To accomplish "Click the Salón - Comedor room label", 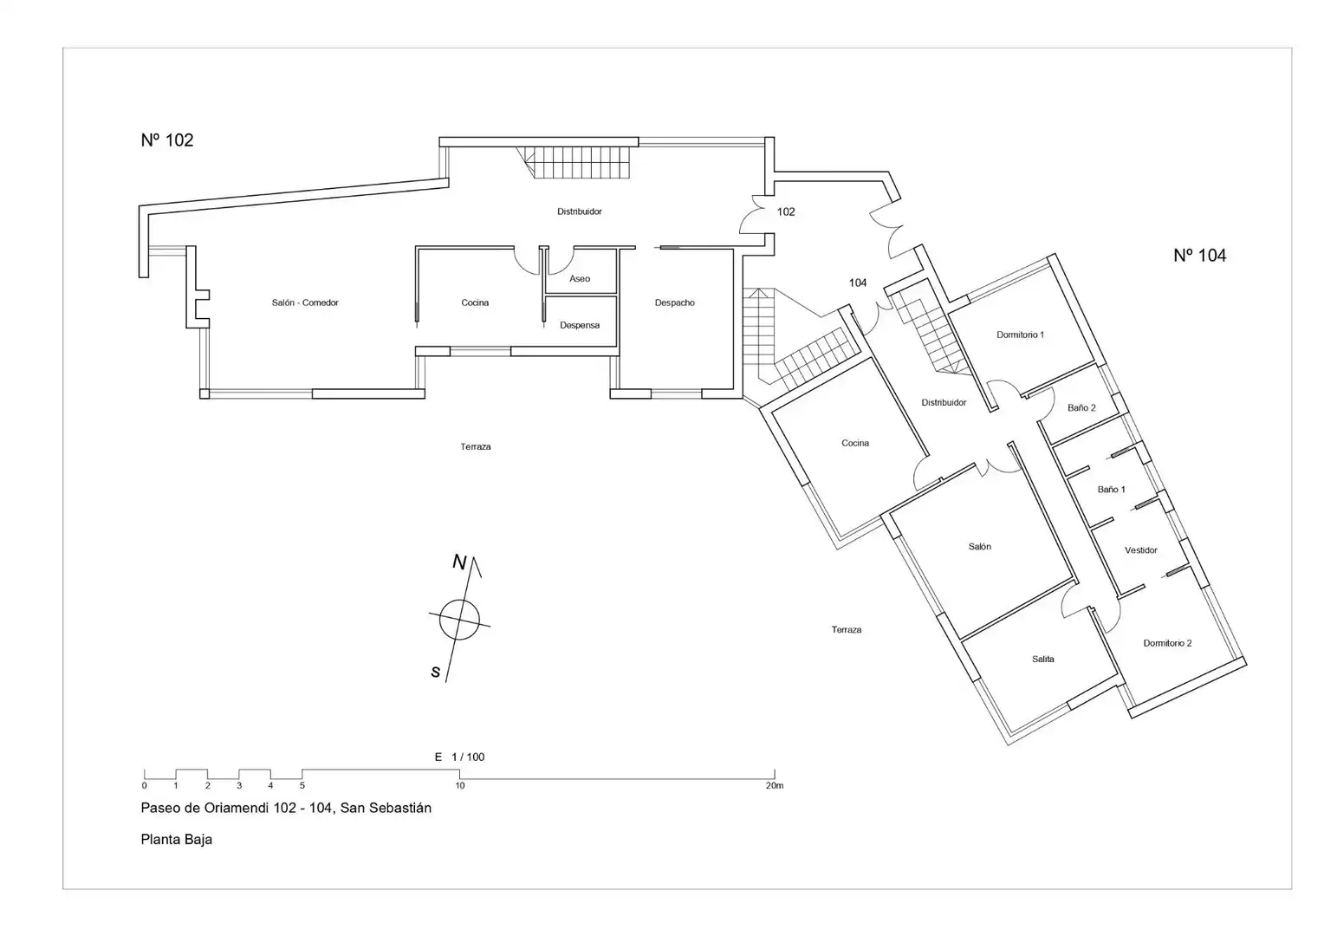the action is click(x=305, y=302).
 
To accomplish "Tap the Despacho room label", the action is click(x=674, y=302).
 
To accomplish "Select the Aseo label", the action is click(x=579, y=278).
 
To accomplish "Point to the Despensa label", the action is click(x=579, y=325).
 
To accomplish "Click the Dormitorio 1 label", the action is click(x=1020, y=335).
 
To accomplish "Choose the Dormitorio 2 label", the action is click(x=1167, y=643).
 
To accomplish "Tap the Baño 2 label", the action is click(x=1081, y=408).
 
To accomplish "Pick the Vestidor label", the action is click(x=1141, y=550).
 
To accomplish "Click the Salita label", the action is click(x=1043, y=660).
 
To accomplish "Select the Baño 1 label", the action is click(x=1111, y=490).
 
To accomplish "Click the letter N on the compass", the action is click(x=459, y=562).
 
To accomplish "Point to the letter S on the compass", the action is click(x=436, y=672).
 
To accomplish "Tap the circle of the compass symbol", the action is click(x=459, y=600).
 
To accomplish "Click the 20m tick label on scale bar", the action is click(x=775, y=786).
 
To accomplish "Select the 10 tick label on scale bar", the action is click(x=460, y=786).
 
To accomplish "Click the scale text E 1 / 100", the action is click(x=459, y=757).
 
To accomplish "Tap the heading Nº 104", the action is click(x=1200, y=256).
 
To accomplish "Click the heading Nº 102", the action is click(x=167, y=140).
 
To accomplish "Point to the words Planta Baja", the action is click(x=176, y=840).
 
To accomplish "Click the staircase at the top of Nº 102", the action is click(x=574, y=163).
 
